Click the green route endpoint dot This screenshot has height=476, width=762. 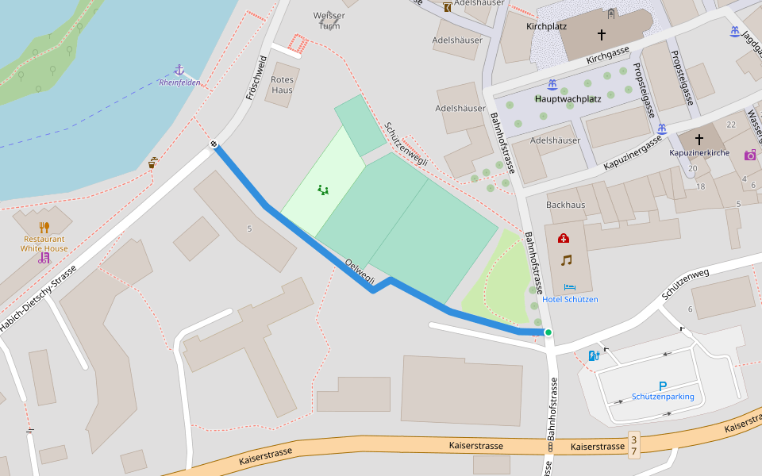[x=548, y=332]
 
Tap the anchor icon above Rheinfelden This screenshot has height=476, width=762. [x=179, y=71]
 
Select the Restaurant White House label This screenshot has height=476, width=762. [x=44, y=244]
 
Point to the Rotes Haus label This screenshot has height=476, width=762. [x=282, y=85]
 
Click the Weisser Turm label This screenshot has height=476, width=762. [x=329, y=20]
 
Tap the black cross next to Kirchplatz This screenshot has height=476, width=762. [x=601, y=35]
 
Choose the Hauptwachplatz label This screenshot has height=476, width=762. [x=568, y=99]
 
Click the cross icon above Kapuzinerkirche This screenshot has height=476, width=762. [x=699, y=139]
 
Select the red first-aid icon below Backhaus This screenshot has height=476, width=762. [x=564, y=238]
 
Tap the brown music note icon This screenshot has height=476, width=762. [x=566, y=260]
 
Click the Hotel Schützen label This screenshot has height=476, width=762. [x=570, y=299]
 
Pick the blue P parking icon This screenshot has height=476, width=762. [x=663, y=386]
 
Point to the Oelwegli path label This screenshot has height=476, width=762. [x=360, y=271]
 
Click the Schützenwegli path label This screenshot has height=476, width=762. [x=406, y=144]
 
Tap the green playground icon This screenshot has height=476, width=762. [x=323, y=190]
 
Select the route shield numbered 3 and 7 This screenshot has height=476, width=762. [x=633, y=444]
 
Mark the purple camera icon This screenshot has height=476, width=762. [x=749, y=155]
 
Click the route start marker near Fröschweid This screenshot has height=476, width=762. [x=214, y=144]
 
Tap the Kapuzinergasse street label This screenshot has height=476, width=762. [x=632, y=153]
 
